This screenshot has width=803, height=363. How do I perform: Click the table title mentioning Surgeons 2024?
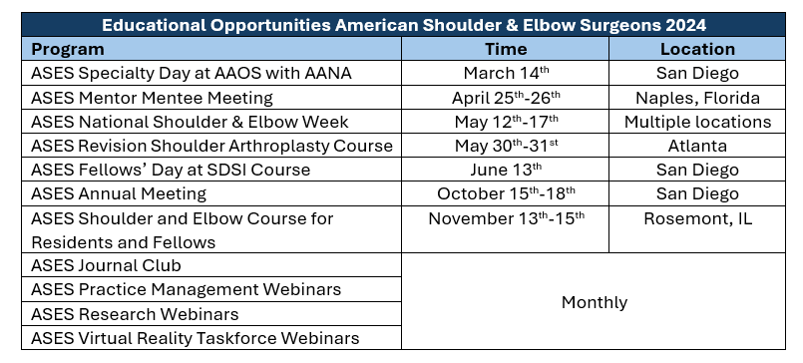click(x=404, y=25)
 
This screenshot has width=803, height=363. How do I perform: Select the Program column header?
click(x=68, y=49)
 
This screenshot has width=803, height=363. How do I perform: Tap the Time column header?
click(x=506, y=49)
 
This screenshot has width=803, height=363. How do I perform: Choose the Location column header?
click(x=697, y=49)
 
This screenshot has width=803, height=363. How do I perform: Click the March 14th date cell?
click(x=506, y=73)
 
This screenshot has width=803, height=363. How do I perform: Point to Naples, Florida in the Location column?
click(x=697, y=98)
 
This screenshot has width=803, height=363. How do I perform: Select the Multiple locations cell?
click(x=697, y=122)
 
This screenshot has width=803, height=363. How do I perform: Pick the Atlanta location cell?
click(x=697, y=146)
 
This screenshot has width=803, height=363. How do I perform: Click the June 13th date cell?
click(x=506, y=170)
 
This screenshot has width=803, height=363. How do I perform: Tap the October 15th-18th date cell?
click(x=506, y=193)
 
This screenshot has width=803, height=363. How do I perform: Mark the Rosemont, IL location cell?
click(x=697, y=218)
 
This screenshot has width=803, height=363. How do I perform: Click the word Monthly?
click(x=595, y=302)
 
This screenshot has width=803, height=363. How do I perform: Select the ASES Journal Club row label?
click(x=106, y=265)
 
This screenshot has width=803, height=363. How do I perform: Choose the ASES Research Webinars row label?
click(x=135, y=314)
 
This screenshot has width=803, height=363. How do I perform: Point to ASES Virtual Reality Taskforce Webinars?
click(x=196, y=338)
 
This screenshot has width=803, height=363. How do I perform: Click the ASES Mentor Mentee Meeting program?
click(x=152, y=98)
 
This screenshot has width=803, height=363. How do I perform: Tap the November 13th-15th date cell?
click(x=506, y=218)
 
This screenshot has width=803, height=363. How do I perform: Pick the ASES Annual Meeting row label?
click(x=119, y=193)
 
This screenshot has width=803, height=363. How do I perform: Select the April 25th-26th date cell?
click(x=506, y=98)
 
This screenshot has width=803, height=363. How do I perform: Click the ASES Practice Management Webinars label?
click(x=186, y=289)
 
